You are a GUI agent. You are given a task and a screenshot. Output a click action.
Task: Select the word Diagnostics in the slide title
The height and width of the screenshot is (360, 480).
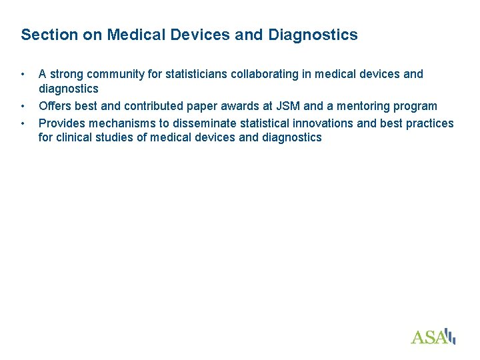(313, 35)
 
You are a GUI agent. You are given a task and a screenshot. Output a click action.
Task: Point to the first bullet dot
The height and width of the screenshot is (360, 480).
(23, 73)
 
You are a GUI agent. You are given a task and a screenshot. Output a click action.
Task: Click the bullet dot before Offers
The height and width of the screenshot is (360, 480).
(23, 106)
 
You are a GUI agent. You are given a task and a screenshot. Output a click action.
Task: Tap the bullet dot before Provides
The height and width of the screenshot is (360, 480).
(23, 123)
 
